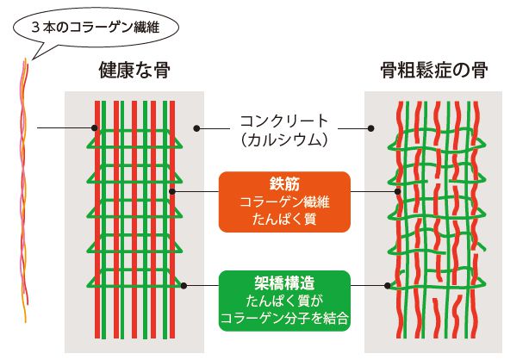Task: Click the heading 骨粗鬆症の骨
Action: (x=433, y=71)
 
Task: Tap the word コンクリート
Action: (x=284, y=121)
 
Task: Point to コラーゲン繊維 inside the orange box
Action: (x=284, y=202)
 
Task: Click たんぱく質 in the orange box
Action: (x=284, y=219)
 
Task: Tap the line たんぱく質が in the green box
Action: (x=284, y=301)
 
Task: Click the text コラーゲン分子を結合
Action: (x=284, y=317)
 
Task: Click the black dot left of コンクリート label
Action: (x=197, y=128)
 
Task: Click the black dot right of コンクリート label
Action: (x=370, y=128)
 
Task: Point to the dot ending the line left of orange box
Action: (x=173, y=192)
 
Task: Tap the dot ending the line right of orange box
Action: (x=397, y=192)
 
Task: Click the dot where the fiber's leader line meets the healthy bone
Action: (x=96, y=129)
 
